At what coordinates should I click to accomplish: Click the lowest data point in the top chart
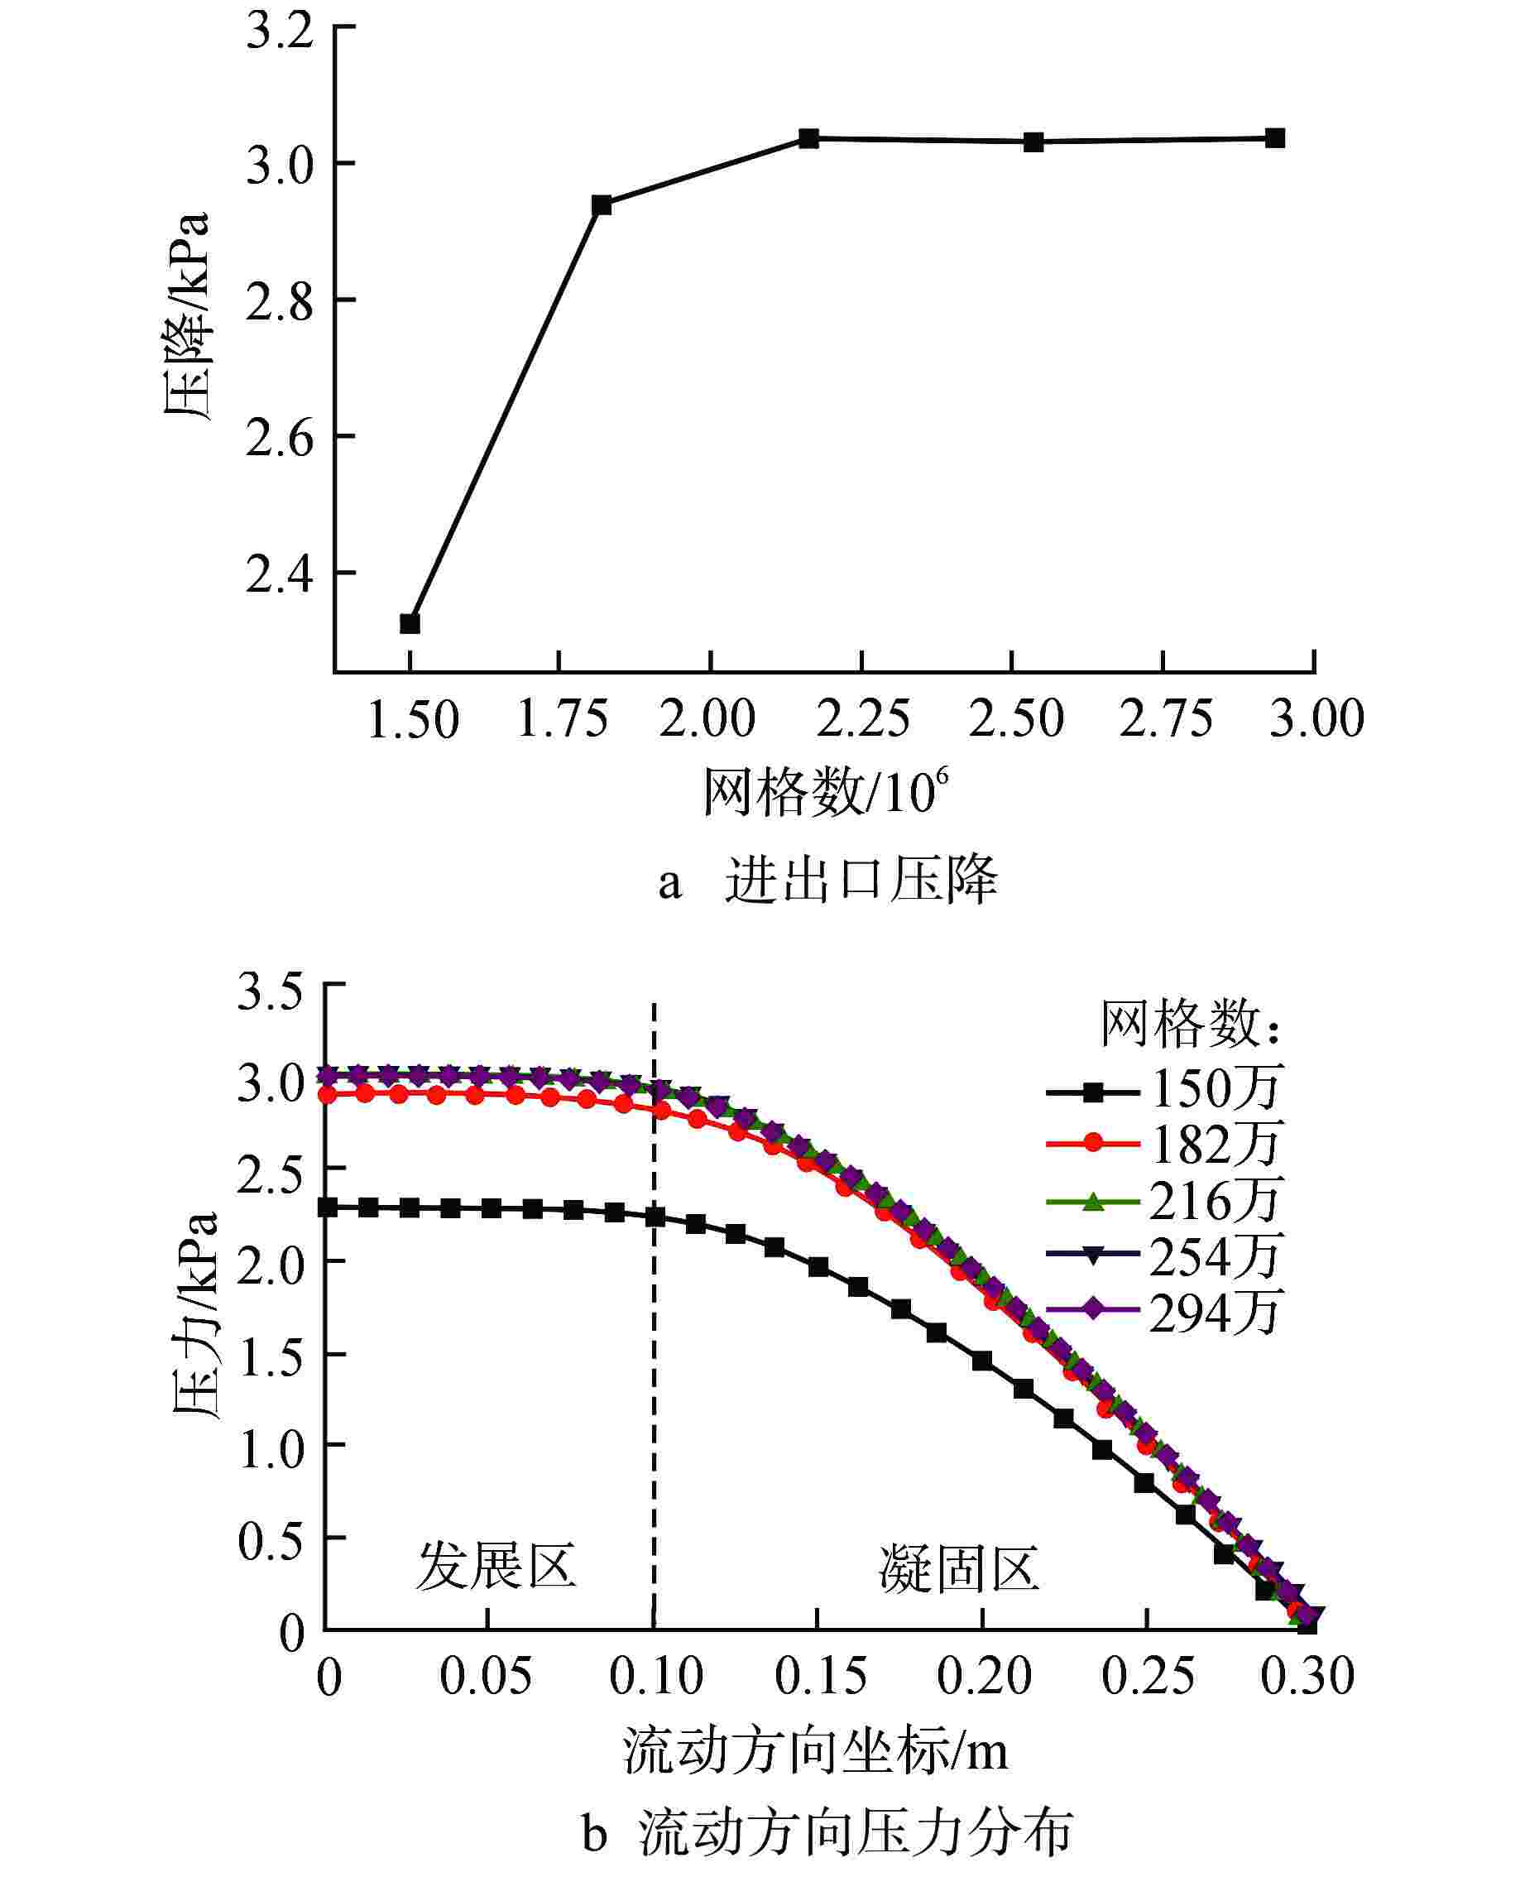tap(410, 623)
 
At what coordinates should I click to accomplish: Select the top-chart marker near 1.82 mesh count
tap(602, 205)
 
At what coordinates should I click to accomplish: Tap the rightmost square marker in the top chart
tap(1275, 138)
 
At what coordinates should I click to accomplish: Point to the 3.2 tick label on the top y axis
tap(280, 31)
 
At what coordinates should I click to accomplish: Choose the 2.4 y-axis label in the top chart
tap(280, 574)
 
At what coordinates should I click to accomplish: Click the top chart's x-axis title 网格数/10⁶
tap(825, 792)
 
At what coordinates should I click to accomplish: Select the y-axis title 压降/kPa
tap(188, 316)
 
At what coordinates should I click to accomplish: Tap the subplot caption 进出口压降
tap(861, 880)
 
